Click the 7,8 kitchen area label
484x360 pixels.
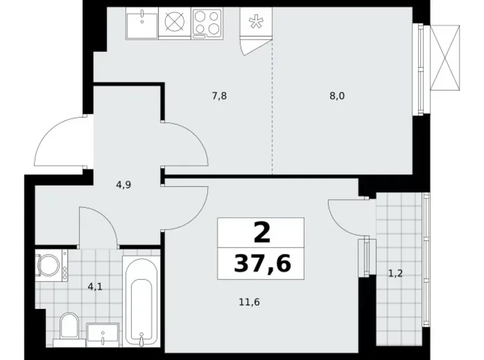tap(219, 96)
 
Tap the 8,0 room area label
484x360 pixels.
tap(337, 96)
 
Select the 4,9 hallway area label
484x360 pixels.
tap(123, 185)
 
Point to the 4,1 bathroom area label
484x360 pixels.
tap(95, 287)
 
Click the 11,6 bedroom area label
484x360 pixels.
tap(249, 302)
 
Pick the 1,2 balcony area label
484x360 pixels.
tap(395, 273)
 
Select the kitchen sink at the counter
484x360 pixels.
tap(142, 23)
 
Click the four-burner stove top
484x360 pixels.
tap(207, 23)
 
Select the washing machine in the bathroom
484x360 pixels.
tap(51, 265)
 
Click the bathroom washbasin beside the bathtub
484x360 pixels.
tap(102, 335)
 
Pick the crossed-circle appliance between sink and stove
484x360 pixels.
tap(175, 22)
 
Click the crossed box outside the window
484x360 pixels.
tap(445, 58)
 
